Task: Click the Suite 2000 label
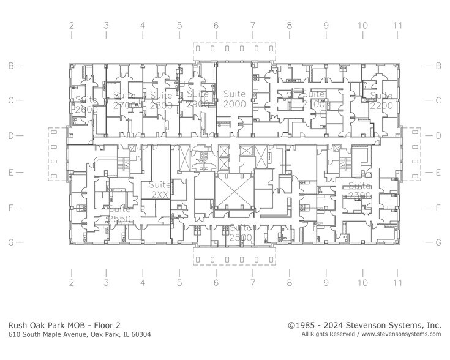click(x=234, y=99)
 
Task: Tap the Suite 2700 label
click(x=122, y=100)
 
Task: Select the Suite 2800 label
click(x=161, y=100)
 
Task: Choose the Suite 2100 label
click(x=313, y=99)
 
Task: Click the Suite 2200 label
click(x=381, y=100)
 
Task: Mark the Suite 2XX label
click(x=160, y=189)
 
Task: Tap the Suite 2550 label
click(x=118, y=214)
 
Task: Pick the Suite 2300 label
click(x=359, y=190)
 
